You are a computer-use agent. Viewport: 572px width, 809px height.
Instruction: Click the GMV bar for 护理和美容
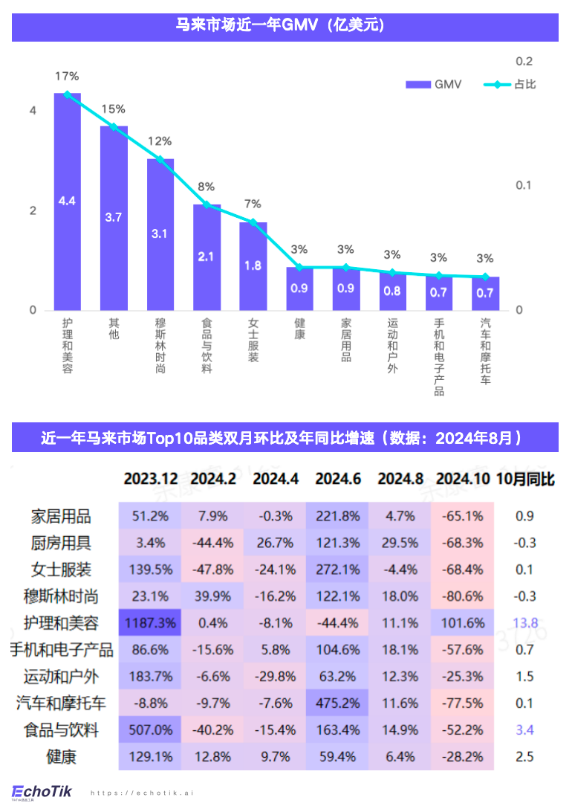click(67, 202)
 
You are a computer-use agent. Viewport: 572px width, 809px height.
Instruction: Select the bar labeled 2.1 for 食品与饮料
click(207, 257)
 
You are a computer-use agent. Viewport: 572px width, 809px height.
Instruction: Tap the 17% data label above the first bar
click(67, 76)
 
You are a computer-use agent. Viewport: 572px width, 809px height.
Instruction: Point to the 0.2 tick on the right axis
click(524, 61)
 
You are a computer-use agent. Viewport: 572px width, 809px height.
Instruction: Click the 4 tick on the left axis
click(32, 111)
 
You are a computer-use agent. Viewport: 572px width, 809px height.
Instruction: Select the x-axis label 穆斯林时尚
click(160, 346)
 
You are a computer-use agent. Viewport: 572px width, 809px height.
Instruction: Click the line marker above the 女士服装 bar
click(253, 222)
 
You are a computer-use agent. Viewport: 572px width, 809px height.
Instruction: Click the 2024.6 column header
click(338, 479)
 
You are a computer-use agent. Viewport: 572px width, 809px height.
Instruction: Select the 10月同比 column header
click(525, 479)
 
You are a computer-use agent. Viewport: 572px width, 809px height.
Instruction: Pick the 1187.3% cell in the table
click(150, 622)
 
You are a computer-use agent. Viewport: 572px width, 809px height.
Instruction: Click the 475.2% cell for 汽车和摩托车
click(338, 703)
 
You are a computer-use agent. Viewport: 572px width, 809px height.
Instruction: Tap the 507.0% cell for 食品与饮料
click(150, 729)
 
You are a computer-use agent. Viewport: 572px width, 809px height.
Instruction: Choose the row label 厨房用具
click(61, 542)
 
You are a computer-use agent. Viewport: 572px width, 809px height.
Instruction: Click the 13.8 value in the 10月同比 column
click(524, 622)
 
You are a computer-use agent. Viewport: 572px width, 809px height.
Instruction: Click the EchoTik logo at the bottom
click(42, 791)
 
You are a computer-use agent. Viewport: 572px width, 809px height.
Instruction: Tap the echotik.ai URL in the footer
click(141, 793)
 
